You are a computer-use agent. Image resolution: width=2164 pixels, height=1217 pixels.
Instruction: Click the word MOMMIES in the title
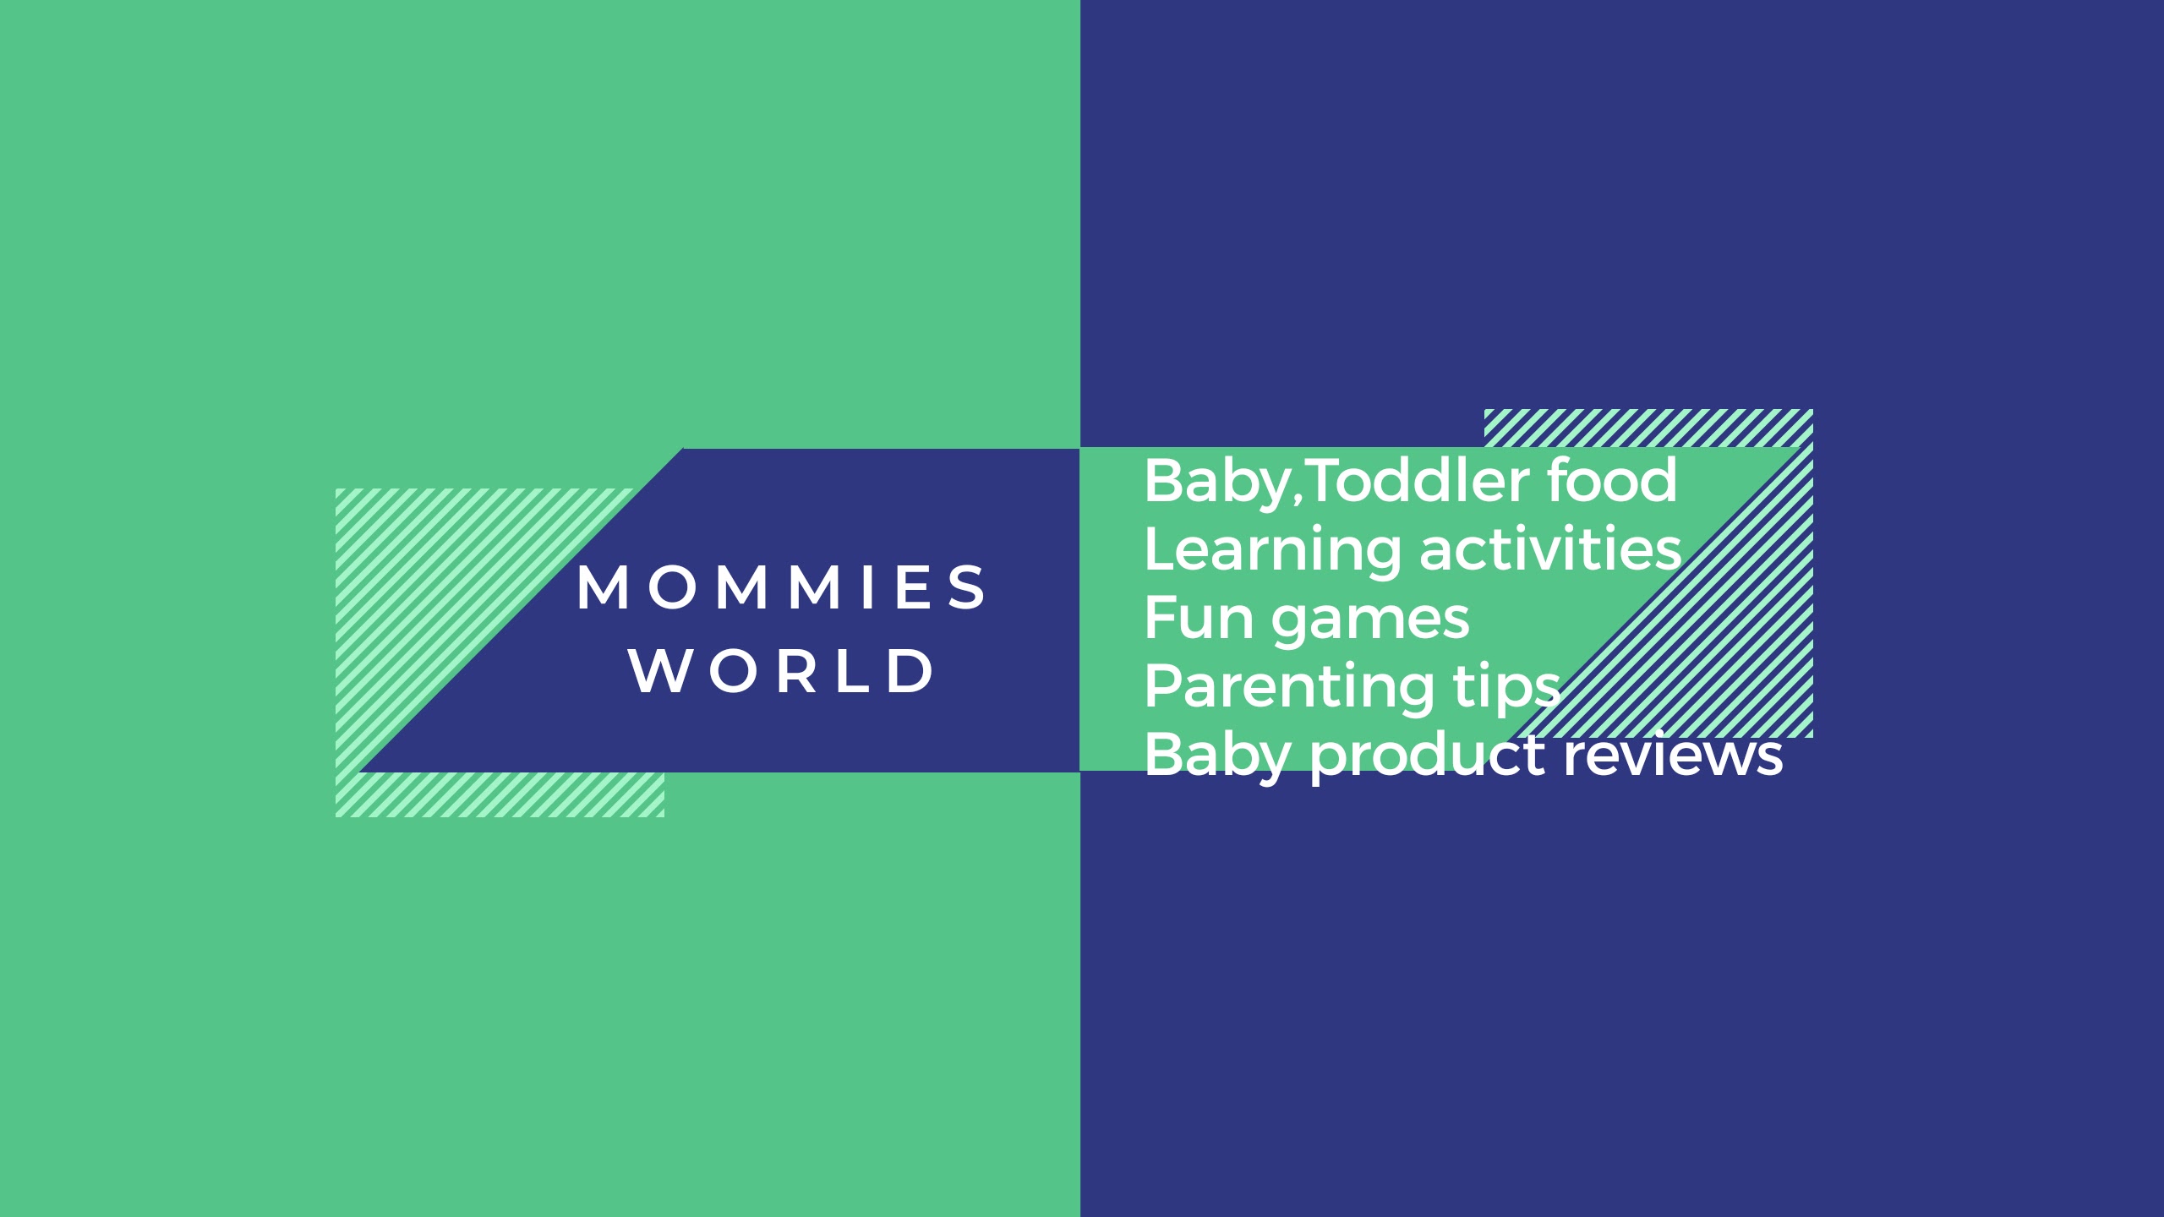point(781,587)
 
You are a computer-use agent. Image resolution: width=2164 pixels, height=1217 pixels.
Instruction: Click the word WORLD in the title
point(781,672)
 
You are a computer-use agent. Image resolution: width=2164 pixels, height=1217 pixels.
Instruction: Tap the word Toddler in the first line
point(1420,480)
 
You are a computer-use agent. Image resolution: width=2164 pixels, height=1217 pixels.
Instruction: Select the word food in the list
point(1612,480)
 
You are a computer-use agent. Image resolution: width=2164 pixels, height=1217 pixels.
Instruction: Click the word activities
point(1551,549)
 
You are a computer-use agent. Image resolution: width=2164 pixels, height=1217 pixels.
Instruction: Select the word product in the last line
point(1428,757)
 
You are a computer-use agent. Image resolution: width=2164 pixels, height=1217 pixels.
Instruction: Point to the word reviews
point(1673,755)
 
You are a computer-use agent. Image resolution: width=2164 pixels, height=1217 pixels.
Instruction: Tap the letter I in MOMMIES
point(867,587)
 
